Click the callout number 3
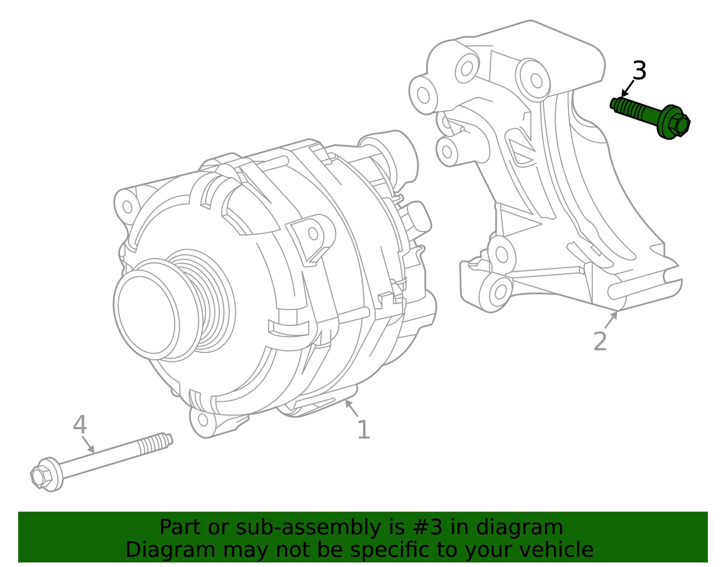pyautogui.click(x=639, y=71)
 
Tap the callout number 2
pyautogui.click(x=600, y=341)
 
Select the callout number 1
pyautogui.click(x=363, y=430)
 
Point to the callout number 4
pyautogui.click(x=80, y=425)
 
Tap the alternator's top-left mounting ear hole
pyautogui.click(x=128, y=207)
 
